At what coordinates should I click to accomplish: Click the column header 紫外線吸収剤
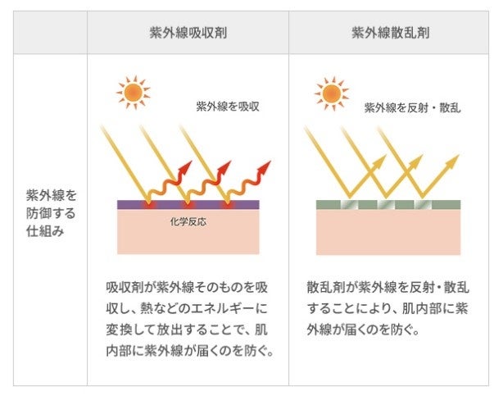[x=188, y=34]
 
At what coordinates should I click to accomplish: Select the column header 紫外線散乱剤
[x=392, y=34]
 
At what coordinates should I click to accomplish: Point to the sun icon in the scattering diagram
[x=330, y=92]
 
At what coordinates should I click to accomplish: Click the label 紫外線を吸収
[x=224, y=107]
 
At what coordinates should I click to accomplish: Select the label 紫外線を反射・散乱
[x=412, y=107]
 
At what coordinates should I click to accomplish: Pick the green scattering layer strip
[x=388, y=204]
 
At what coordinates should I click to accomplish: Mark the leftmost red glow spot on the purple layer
[x=148, y=203]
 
